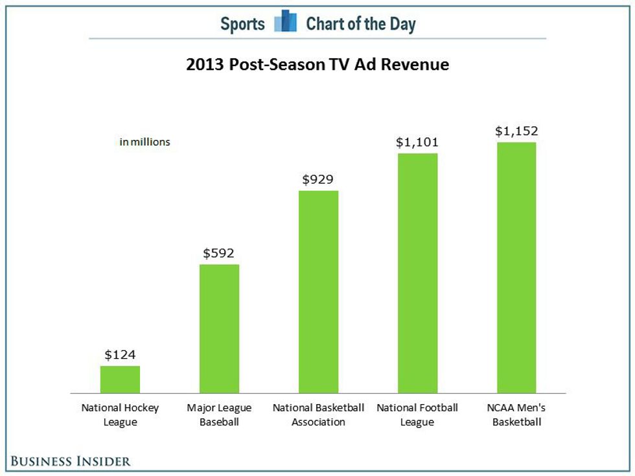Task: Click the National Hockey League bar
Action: tap(120, 380)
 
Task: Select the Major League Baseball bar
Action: tap(219, 329)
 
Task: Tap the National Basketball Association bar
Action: tap(318, 292)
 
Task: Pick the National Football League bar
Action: tap(417, 273)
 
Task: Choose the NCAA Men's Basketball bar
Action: tap(516, 267)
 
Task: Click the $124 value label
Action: tap(120, 355)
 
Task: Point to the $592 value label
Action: tap(219, 253)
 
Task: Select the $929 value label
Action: tap(318, 179)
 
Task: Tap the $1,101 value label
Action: tap(417, 142)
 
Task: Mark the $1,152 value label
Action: tap(517, 131)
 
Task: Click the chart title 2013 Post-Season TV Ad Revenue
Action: tap(317, 64)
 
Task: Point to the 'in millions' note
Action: tap(144, 142)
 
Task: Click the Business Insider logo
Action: tap(71, 461)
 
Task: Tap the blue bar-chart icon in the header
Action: tap(286, 21)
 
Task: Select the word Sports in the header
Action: tap(242, 24)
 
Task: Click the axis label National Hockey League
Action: tap(120, 415)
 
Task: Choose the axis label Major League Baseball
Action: tap(219, 415)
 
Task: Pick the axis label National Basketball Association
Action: tap(318, 415)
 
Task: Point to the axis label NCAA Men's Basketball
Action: tap(516, 415)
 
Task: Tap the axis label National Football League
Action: tap(417, 415)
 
